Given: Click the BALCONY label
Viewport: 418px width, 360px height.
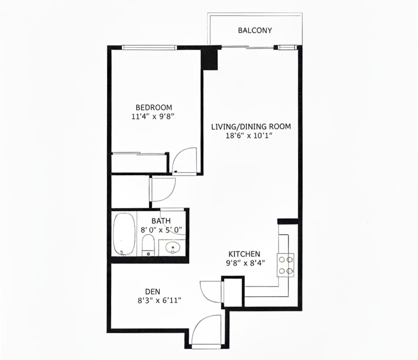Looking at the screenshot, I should pyautogui.click(x=255, y=31).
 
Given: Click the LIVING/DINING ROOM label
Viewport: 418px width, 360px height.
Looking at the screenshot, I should pyautogui.click(x=251, y=126).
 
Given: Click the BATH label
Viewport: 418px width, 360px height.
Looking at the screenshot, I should pyautogui.click(x=160, y=221).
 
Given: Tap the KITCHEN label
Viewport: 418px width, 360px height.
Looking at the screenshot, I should pyautogui.click(x=244, y=254).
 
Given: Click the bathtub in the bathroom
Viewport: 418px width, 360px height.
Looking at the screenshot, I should pyautogui.click(x=124, y=234).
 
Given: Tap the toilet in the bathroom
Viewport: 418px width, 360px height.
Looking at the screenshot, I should pyautogui.click(x=148, y=244).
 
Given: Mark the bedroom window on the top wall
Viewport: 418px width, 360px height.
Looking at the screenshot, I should pyautogui.click(x=149, y=47).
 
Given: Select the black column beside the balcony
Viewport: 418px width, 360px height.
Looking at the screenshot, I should pyautogui.click(x=209, y=58).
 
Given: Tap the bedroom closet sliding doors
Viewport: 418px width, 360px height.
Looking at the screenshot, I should pyautogui.click(x=140, y=153).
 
